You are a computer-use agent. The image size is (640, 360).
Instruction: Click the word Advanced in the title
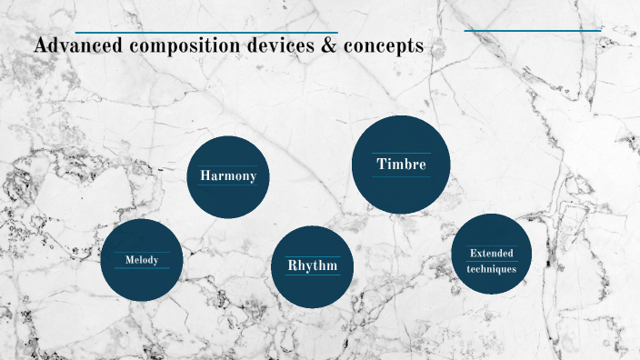tap(72, 46)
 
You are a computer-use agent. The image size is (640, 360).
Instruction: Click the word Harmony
tap(228, 175)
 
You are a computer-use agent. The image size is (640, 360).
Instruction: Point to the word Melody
tap(142, 260)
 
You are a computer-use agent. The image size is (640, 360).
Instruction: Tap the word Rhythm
tap(313, 265)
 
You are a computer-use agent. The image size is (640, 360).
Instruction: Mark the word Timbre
tap(401, 164)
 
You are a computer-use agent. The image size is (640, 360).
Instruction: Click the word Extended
tap(491, 253)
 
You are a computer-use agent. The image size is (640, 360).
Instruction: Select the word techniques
tap(491, 268)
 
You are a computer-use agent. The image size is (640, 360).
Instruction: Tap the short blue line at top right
tap(533, 31)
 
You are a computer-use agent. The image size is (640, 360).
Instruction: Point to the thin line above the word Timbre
tap(401, 153)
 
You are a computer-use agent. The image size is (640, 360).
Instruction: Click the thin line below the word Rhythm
tap(313, 275)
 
